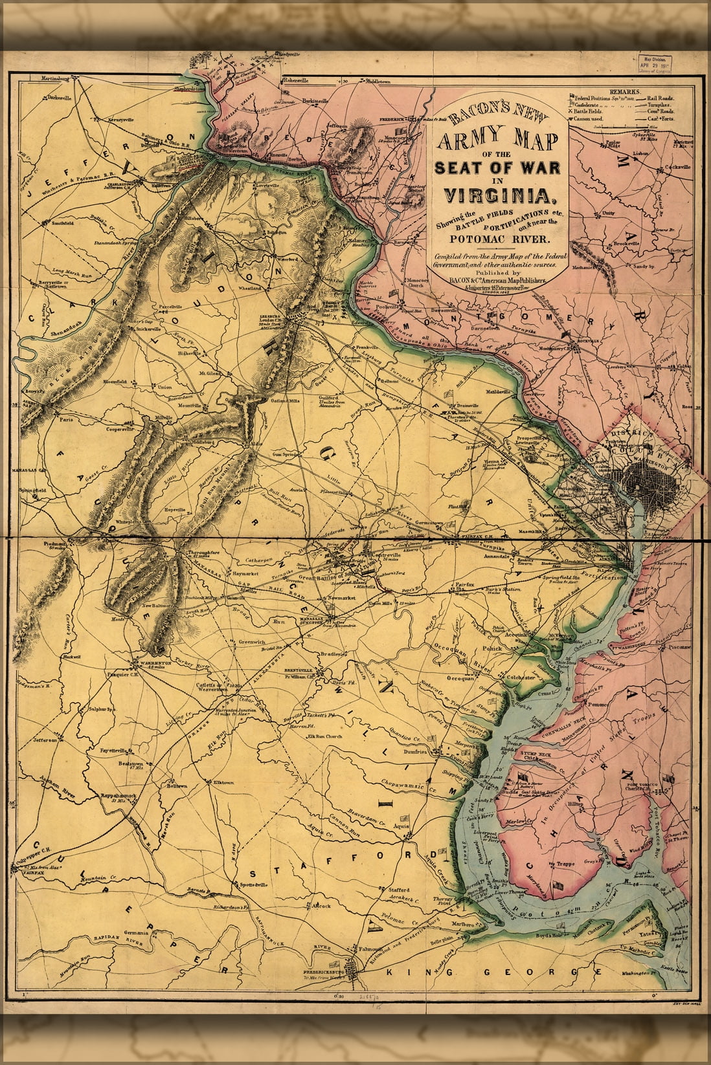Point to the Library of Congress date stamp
tap(655, 65)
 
